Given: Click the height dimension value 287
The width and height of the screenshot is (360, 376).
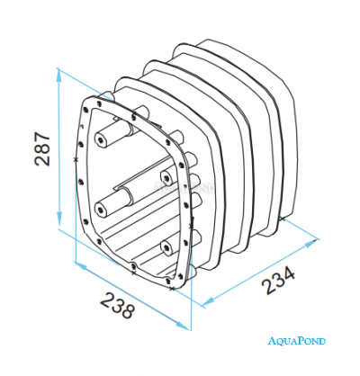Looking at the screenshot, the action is point(42,148).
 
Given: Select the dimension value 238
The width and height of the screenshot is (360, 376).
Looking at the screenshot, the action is point(117,305).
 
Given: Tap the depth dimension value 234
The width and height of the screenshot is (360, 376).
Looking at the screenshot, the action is point(278,281).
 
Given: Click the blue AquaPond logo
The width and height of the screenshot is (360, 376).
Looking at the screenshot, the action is point(296,341).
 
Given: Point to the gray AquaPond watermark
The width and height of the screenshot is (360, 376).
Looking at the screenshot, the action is point(184,187).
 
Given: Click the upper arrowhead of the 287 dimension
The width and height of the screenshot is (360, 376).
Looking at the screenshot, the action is point(59,76).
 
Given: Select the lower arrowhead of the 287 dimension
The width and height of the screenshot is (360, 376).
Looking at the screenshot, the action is point(59,219).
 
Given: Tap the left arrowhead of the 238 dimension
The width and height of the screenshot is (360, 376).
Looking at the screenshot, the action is point(82,266).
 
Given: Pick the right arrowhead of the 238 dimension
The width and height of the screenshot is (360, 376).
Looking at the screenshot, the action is point(183,326).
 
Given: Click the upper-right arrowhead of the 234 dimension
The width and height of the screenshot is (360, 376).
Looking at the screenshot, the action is point(311,242).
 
